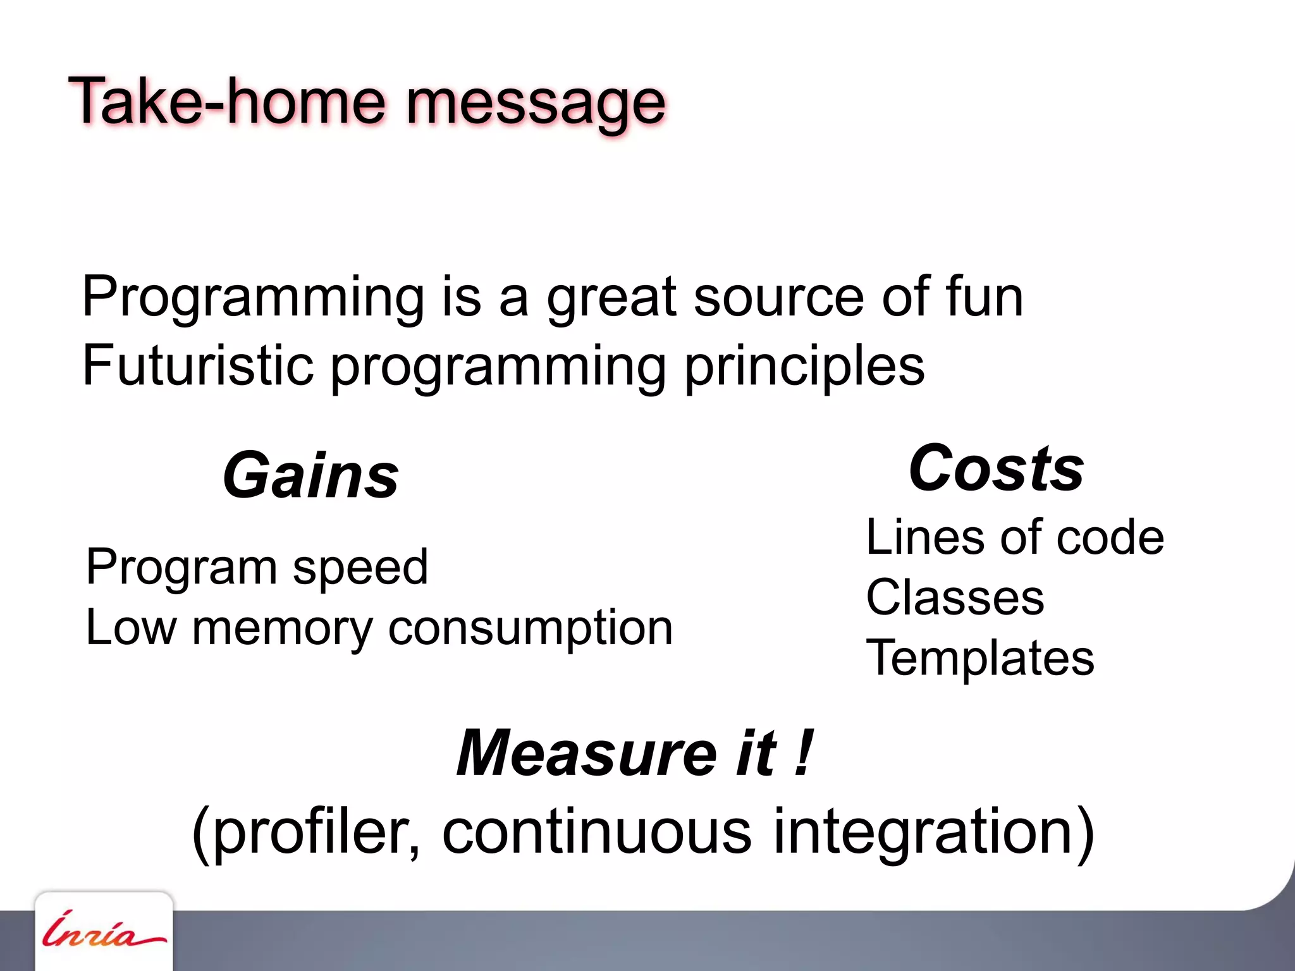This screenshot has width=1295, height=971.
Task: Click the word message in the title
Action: pyautogui.click(x=536, y=104)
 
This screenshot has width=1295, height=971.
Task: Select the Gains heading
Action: pyautogui.click(x=310, y=476)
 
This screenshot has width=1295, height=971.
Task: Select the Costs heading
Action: pyautogui.click(x=996, y=468)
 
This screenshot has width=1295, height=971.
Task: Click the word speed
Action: pyautogui.click(x=360, y=568)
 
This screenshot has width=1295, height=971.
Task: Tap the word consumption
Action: pyautogui.click(x=531, y=630)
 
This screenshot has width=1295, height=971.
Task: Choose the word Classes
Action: pyautogui.click(x=955, y=597)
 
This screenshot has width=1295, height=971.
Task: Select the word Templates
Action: pyautogui.click(x=979, y=658)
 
